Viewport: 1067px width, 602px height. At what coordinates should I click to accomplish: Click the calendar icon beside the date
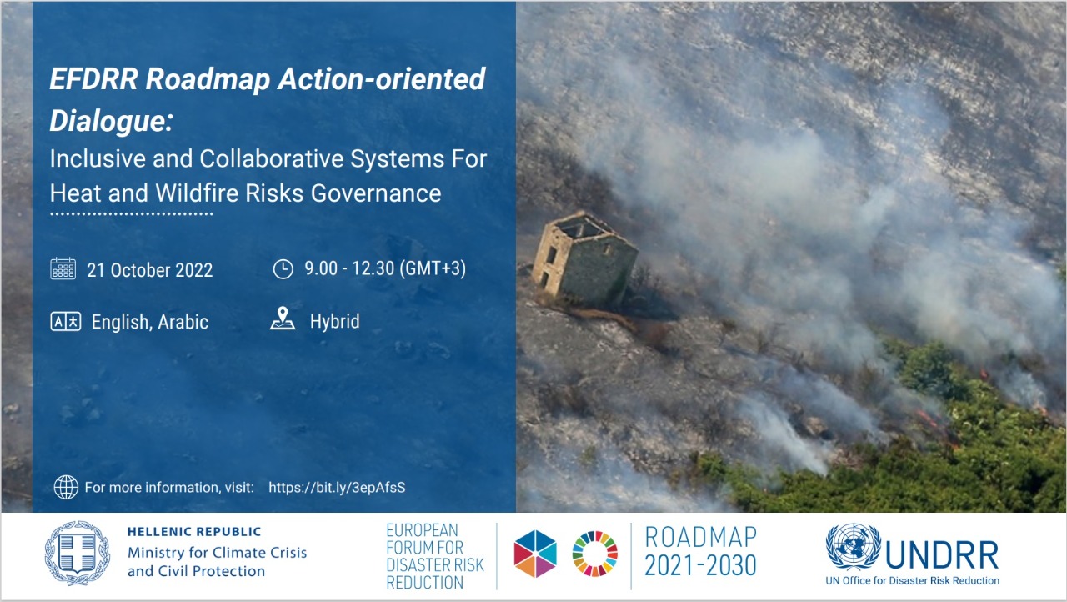(x=63, y=268)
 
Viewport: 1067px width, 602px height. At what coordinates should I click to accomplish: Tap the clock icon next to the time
(x=283, y=268)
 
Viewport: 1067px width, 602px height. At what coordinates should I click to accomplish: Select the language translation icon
(x=66, y=322)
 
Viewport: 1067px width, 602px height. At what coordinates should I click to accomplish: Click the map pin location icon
(x=283, y=319)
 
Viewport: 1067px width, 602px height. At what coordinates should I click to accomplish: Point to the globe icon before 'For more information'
(x=66, y=487)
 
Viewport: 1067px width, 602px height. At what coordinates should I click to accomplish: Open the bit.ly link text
(x=337, y=487)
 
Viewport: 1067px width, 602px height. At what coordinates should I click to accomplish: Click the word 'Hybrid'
(x=334, y=321)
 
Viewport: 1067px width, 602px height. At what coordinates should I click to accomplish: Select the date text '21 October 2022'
(x=149, y=270)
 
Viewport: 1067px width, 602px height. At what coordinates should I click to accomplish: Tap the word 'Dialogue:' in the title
(x=111, y=120)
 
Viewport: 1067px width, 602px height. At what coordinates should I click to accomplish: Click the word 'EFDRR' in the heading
(x=94, y=78)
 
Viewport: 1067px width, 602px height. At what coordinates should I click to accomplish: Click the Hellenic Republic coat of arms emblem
(x=78, y=553)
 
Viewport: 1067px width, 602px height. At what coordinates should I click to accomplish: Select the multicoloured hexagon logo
(x=535, y=554)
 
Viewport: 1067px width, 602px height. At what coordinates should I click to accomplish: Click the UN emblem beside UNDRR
(x=853, y=546)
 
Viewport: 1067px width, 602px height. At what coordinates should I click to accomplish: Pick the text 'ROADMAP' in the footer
(x=701, y=537)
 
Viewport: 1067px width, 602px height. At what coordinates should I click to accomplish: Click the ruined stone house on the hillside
(x=585, y=258)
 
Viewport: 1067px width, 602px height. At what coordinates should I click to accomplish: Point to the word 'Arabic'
(x=183, y=322)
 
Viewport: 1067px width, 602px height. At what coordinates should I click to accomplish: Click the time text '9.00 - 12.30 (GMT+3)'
(x=385, y=268)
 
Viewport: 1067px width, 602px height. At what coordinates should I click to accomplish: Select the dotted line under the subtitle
(x=132, y=214)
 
